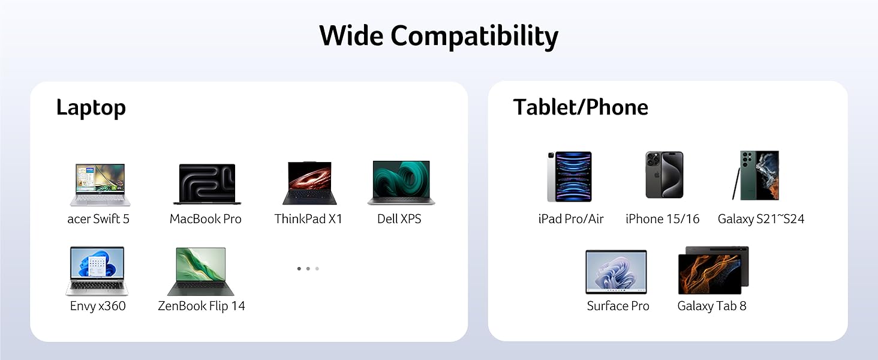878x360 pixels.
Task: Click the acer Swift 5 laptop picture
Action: click(100, 184)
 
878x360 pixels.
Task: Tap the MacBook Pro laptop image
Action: click(207, 184)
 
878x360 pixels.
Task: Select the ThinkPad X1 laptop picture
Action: click(309, 184)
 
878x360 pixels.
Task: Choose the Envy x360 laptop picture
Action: click(97, 271)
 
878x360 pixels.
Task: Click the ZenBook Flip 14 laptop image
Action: click(200, 271)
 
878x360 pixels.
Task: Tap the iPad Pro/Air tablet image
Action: click(569, 176)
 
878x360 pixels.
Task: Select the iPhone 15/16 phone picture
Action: click(664, 175)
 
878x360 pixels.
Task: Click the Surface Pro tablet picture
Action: click(616, 272)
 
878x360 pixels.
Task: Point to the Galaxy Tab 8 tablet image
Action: click(713, 270)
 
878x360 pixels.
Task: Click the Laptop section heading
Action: click(91, 108)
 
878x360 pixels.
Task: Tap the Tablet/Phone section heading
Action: click(581, 107)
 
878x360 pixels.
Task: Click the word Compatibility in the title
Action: click(474, 36)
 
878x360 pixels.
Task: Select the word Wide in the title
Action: click(351, 35)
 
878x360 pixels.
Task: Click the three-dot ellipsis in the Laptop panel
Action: click(308, 269)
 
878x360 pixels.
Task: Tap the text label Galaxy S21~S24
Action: click(760, 219)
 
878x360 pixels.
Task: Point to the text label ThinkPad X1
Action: click(308, 219)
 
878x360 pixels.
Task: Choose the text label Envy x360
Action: click(98, 306)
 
